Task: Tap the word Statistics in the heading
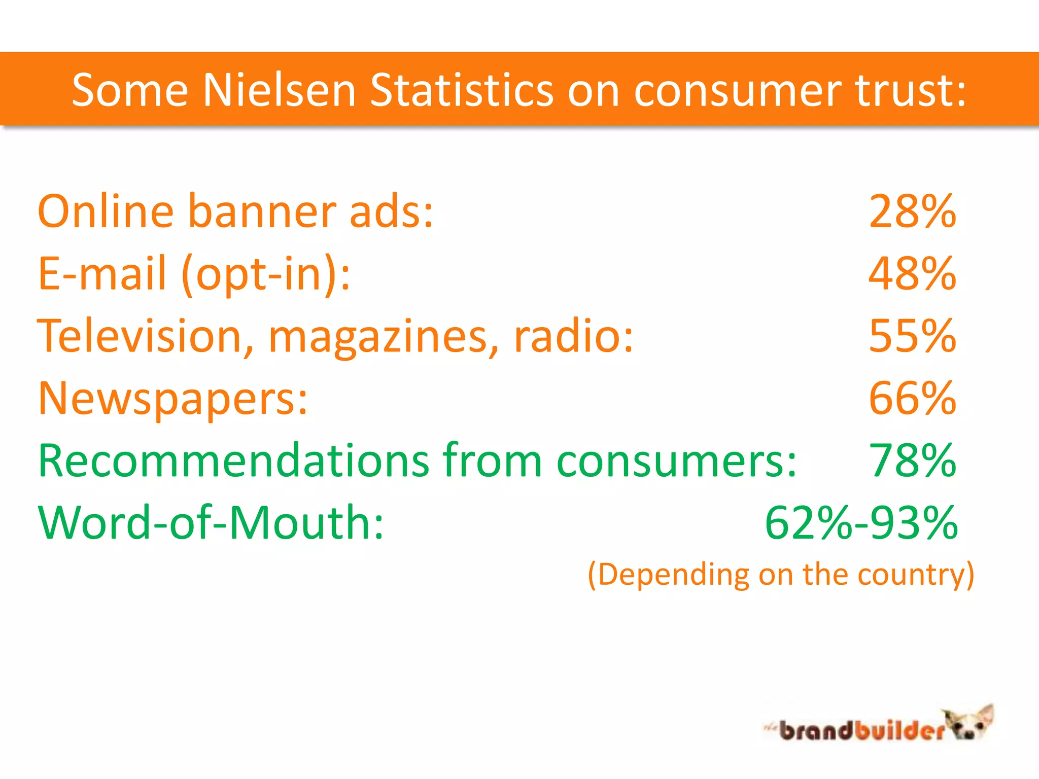pyautogui.click(x=461, y=90)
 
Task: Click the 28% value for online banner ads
pyautogui.click(x=912, y=211)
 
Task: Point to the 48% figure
pyautogui.click(x=912, y=274)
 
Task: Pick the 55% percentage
pyautogui.click(x=912, y=336)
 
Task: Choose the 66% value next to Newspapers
pyautogui.click(x=912, y=398)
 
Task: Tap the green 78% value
pyautogui.click(x=912, y=461)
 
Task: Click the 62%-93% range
pyautogui.click(x=861, y=522)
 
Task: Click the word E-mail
pyautogui.click(x=102, y=274)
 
